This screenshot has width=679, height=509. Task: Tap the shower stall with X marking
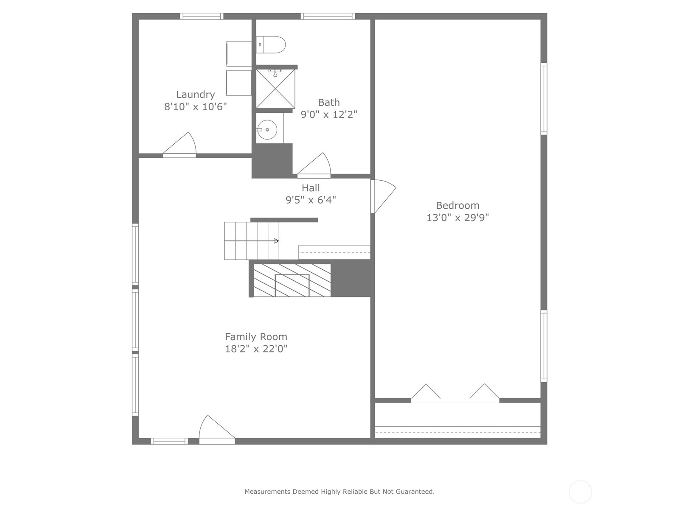[x=275, y=89]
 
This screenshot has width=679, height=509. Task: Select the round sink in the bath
[x=267, y=129]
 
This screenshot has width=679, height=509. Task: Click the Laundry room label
[x=195, y=95]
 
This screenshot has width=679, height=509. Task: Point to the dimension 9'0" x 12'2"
[x=329, y=115]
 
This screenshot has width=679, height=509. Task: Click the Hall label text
[x=311, y=188]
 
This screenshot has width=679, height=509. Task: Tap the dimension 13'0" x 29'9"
[x=457, y=218]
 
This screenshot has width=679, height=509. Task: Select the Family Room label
[x=256, y=337]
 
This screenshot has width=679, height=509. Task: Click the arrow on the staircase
[x=276, y=241]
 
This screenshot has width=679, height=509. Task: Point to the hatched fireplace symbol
[x=292, y=280]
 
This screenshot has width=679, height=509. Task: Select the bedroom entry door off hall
[x=383, y=195]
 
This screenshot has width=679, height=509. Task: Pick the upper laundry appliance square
[x=239, y=53]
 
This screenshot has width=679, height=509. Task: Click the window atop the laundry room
[x=202, y=17]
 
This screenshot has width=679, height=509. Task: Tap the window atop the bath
[x=328, y=17]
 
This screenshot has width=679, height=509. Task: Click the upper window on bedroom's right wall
[x=544, y=99]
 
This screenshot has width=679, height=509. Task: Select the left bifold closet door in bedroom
[x=426, y=392]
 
